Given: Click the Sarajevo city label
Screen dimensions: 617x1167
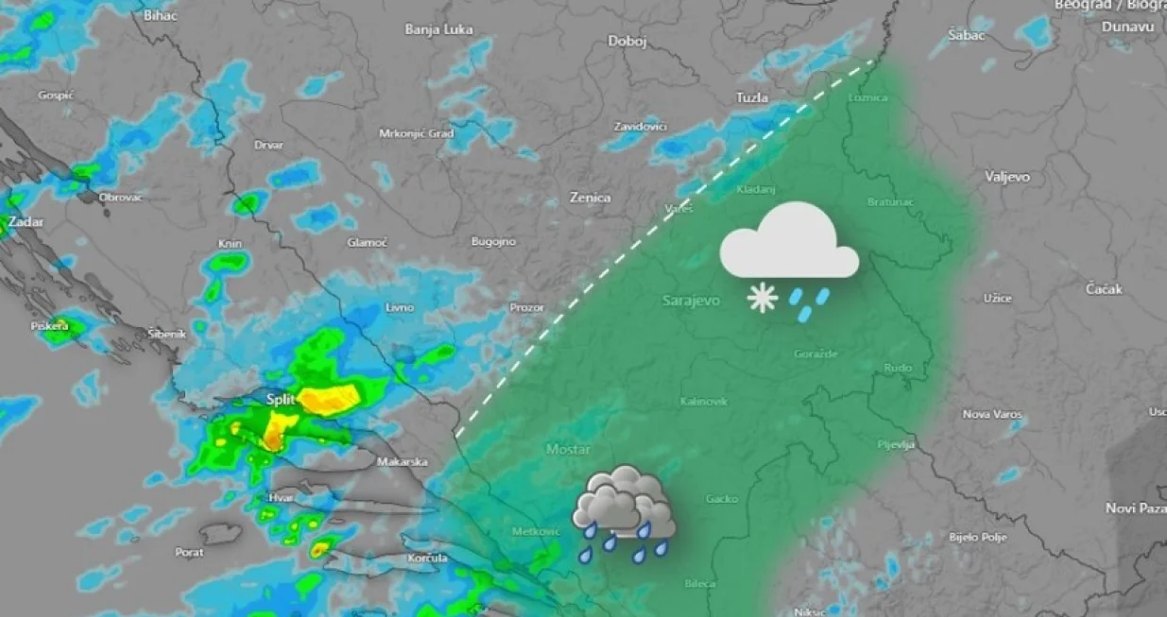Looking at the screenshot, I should [x=691, y=300].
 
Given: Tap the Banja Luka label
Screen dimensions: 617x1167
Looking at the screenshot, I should [x=438, y=29].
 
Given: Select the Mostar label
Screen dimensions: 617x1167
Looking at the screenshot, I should [x=569, y=450].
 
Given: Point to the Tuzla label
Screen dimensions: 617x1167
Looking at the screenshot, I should [x=752, y=97].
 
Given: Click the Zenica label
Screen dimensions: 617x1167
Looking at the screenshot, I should [x=590, y=197].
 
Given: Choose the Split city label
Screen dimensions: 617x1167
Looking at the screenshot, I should [x=281, y=400].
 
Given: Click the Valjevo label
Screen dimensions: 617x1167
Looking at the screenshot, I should [x=1007, y=177].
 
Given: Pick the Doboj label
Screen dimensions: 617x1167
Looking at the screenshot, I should [x=626, y=42].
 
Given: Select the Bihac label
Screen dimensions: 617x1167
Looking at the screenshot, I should [x=160, y=15].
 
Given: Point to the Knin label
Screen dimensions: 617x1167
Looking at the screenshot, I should [x=230, y=244].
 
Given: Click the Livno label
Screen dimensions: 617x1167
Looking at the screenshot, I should [x=400, y=308].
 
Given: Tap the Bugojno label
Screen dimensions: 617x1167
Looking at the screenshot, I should [x=493, y=242].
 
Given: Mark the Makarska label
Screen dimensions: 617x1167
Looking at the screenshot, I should [x=403, y=462].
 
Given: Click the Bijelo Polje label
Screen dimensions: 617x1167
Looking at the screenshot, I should [x=977, y=537].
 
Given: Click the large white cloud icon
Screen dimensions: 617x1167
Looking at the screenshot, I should [x=790, y=244].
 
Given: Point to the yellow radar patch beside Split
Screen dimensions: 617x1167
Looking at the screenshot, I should [x=330, y=400].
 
